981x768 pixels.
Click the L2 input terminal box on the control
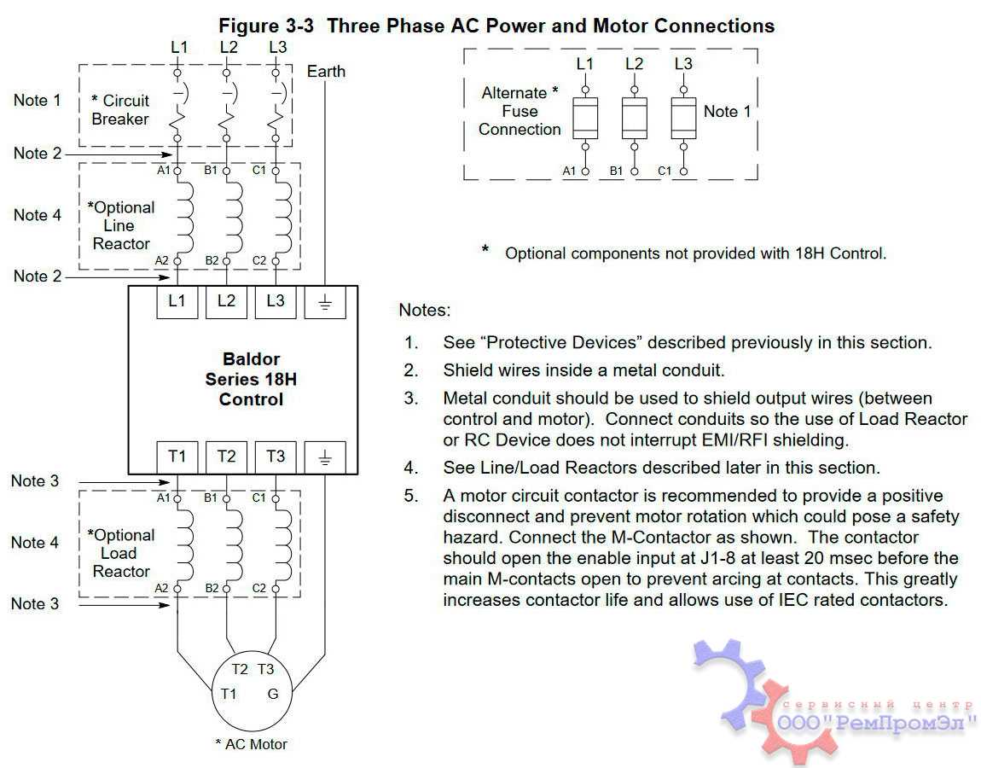226,301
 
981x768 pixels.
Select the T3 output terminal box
276,457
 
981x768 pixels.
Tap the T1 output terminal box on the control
177,457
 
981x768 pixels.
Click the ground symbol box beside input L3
325,301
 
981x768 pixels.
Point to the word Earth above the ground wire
326,72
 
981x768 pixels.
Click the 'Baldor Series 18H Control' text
251,379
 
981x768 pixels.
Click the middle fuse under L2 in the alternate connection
634,118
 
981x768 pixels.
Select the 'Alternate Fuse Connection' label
520,111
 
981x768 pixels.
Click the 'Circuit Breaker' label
120,110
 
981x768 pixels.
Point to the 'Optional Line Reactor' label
121,225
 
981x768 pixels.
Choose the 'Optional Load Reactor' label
121,553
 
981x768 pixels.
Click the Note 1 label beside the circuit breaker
38,101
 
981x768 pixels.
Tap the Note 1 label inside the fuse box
728,112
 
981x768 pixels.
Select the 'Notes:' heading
425,311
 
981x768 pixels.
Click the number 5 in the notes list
411,496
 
